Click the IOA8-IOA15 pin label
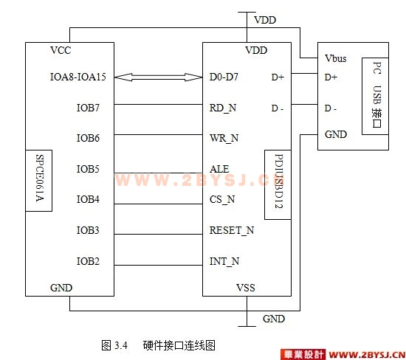click(x=78, y=77)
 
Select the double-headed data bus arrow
click(x=158, y=77)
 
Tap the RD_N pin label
click(x=223, y=108)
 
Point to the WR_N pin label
click(x=224, y=138)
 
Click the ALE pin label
click(x=219, y=169)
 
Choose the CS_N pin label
click(x=222, y=199)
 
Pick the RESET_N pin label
click(x=232, y=230)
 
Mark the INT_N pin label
click(x=224, y=261)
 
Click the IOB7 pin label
click(x=88, y=108)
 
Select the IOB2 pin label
click(x=88, y=261)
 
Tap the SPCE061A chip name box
click(x=39, y=181)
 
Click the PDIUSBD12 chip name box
click(x=278, y=184)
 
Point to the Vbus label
click(x=336, y=58)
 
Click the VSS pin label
click(x=246, y=288)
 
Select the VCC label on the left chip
click(x=61, y=50)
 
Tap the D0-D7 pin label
click(x=224, y=77)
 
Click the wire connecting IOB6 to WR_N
click(x=158, y=134)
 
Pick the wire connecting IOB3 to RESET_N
click(x=158, y=235)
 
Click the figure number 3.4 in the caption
click(x=121, y=345)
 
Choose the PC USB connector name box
click(x=375, y=97)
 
